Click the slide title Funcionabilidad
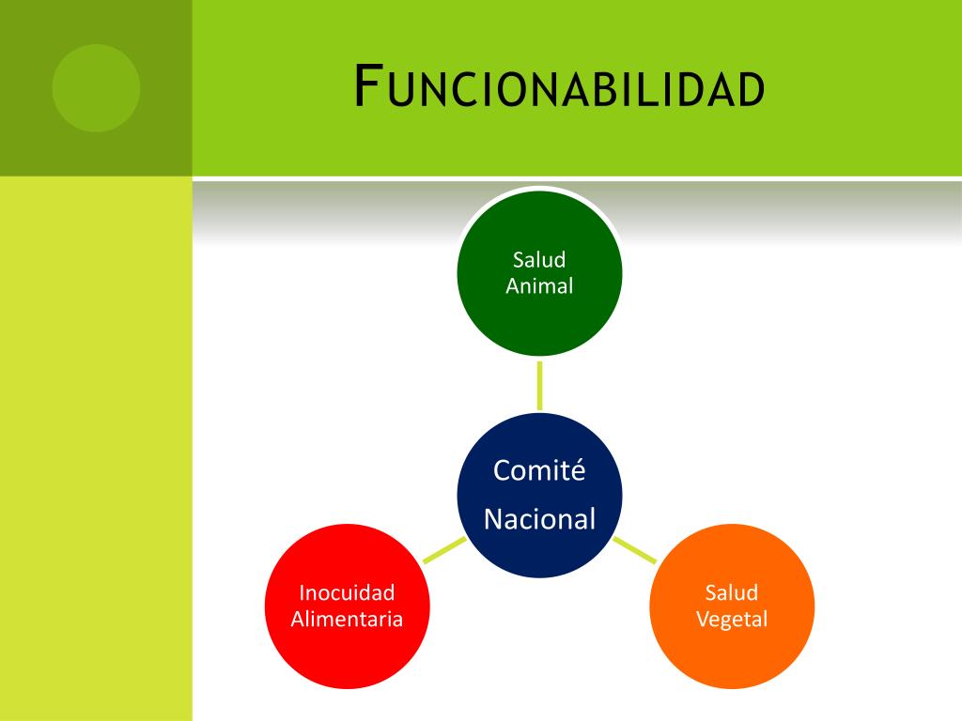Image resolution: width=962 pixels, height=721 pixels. (x=559, y=88)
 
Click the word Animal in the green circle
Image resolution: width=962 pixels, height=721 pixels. (x=539, y=286)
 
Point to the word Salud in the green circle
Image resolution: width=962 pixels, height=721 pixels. (x=539, y=260)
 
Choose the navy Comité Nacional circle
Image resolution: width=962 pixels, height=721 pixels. (x=539, y=495)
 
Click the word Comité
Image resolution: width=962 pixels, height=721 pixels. (x=539, y=469)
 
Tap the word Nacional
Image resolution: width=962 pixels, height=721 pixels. (x=539, y=519)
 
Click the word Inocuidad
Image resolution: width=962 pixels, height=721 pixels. (x=347, y=592)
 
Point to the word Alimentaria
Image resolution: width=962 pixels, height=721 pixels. (x=347, y=619)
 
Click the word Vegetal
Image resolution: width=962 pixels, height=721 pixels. (x=732, y=619)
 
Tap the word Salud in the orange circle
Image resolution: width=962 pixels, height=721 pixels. (x=732, y=592)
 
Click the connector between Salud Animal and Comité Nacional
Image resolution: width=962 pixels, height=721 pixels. (x=539, y=385)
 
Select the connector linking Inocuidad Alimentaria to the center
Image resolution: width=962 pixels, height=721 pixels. (x=444, y=550)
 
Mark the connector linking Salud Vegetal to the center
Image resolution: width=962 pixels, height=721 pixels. (x=634, y=550)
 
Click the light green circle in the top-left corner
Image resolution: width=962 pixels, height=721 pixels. (x=96, y=88)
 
